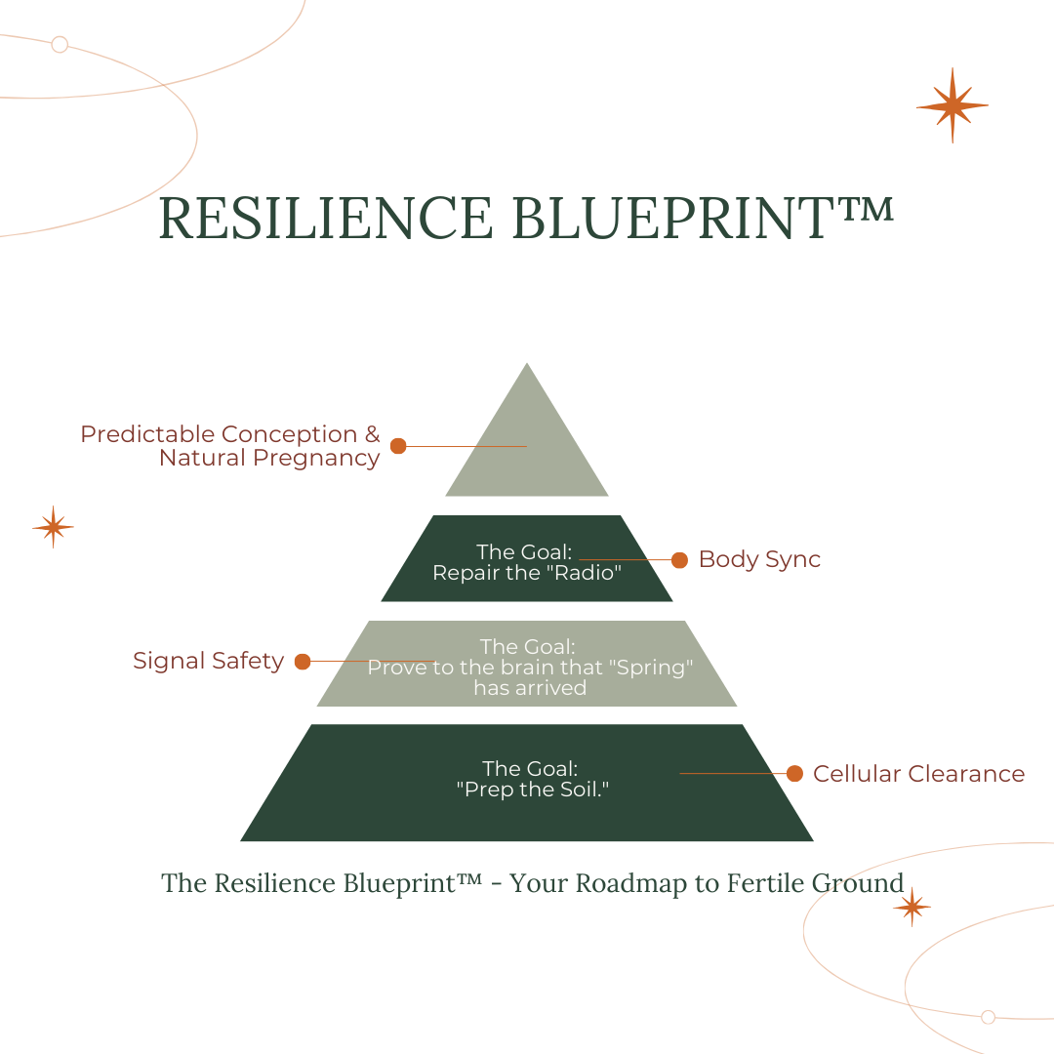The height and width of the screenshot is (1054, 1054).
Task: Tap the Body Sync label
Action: (x=759, y=559)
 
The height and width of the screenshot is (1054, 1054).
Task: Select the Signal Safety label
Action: (x=208, y=661)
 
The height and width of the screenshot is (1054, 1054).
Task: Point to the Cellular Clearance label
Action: (x=918, y=774)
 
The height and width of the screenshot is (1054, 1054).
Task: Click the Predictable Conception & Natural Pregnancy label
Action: (x=230, y=446)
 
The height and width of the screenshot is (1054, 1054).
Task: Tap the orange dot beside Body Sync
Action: (x=679, y=560)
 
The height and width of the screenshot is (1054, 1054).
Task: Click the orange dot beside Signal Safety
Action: (x=303, y=662)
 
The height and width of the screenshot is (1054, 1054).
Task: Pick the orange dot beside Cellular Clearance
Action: (x=794, y=774)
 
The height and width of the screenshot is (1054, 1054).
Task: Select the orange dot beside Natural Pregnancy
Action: (x=398, y=446)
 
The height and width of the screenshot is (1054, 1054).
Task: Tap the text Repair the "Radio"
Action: (x=527, y=573)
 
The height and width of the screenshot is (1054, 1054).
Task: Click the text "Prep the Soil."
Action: (x=532, y=790)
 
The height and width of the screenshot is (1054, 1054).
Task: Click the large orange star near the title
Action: (x=952, y=104)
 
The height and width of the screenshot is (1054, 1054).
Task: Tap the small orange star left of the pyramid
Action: (x=53, y=527)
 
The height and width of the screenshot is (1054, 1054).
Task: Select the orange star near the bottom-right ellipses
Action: (x=912, y=907)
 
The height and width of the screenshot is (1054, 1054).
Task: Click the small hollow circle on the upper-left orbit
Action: (x=60, y=44)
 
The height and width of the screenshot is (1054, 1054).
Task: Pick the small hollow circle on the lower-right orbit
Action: (x=988, y=1017)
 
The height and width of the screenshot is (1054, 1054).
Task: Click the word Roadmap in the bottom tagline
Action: (x=615, y=883)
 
